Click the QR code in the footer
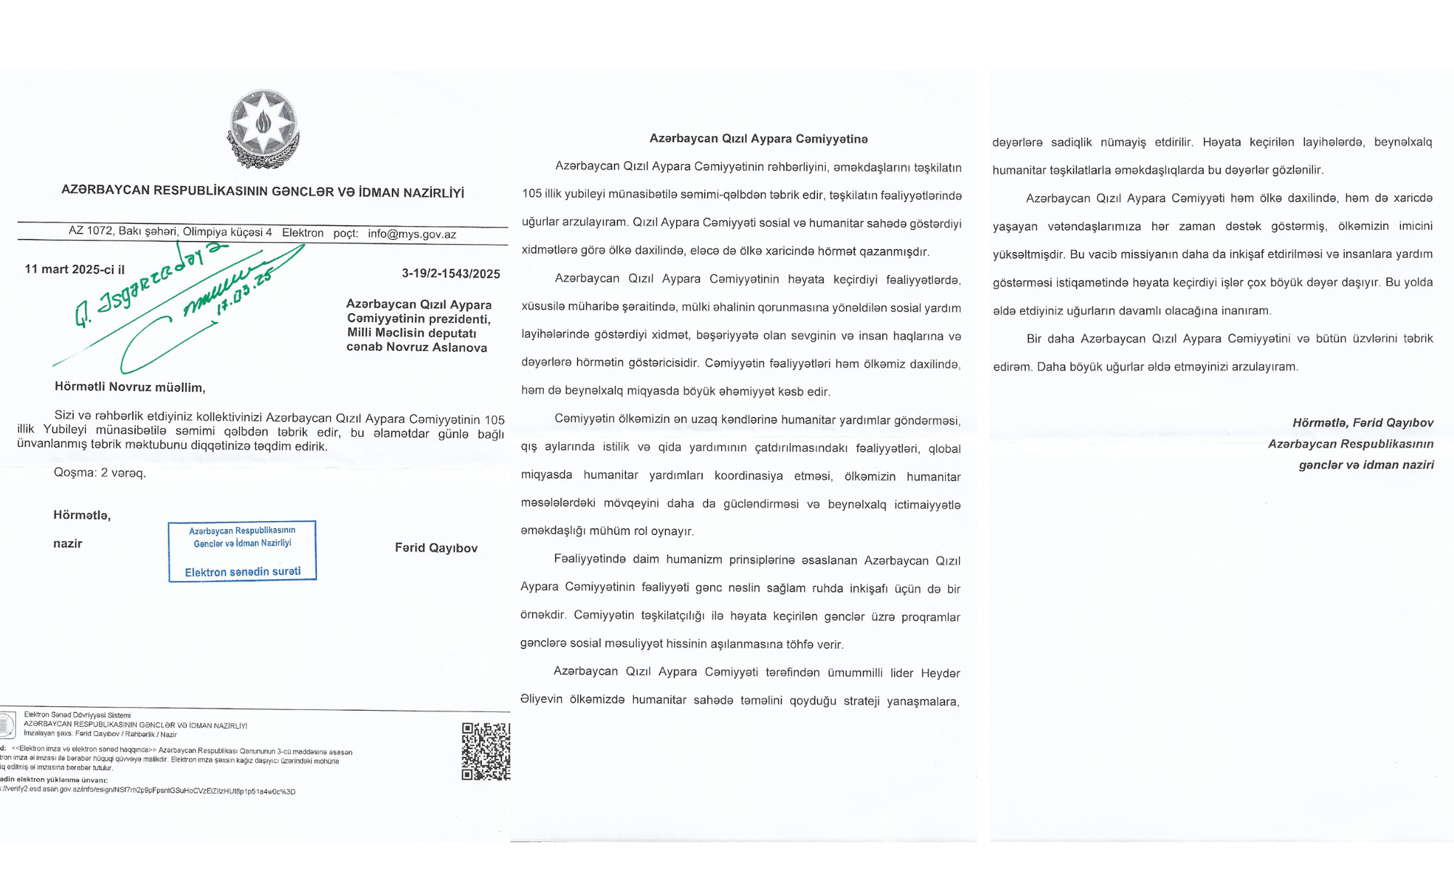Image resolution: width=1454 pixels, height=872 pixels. [486, 751]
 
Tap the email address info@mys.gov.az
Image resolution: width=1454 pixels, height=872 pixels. [411, 234]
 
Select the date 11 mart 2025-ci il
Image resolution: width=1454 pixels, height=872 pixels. [75, 270]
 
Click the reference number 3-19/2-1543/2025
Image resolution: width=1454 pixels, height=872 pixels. [451, 274]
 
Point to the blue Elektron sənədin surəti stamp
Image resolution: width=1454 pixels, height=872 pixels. [242, 552]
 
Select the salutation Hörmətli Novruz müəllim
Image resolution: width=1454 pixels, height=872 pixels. [129, 387]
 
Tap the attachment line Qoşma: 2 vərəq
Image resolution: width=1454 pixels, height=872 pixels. [100, 473]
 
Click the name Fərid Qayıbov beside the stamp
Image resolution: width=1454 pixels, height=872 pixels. [436, 548]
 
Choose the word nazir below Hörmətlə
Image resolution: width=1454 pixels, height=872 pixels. [68, 544]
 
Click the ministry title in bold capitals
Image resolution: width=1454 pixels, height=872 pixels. [262, 192]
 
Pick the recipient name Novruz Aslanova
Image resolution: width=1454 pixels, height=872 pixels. [436, 347]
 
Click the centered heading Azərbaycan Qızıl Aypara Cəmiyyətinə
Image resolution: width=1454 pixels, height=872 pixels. [758, 139]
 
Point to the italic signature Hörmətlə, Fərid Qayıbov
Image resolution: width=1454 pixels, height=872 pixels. [1362, 423]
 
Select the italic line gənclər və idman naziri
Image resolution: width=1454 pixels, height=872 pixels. [1366, 465]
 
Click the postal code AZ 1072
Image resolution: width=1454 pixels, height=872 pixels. [91, 231]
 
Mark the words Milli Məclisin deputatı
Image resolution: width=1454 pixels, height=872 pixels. [411, 333]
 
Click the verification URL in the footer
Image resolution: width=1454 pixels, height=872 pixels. [149, 791]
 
